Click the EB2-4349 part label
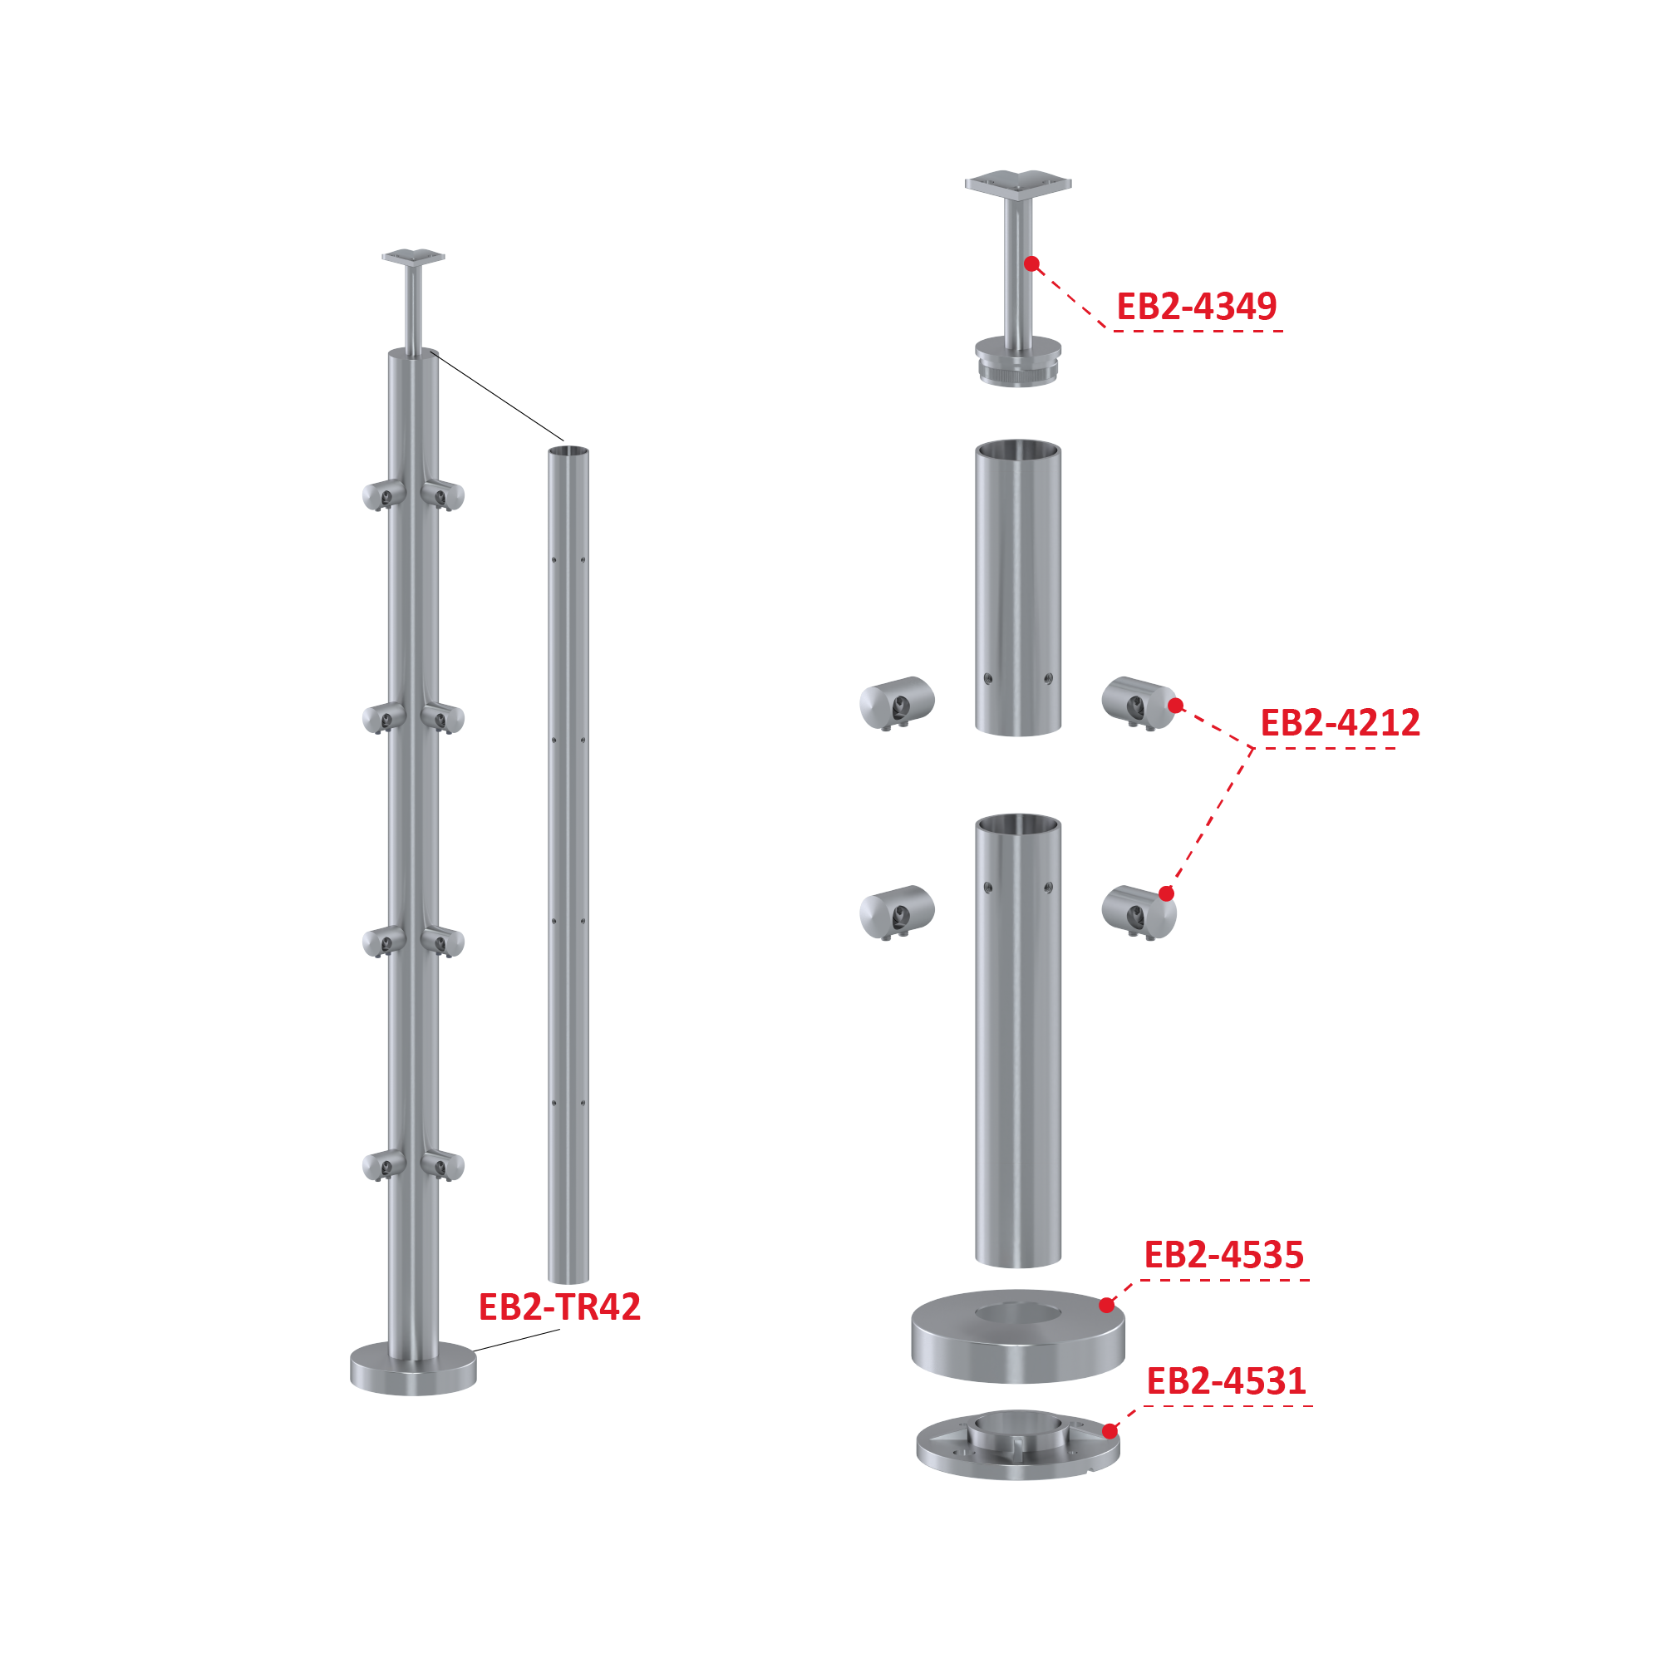pyautogui.click(x=1196, y=307)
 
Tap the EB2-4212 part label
pyautogui.click(x=1341, y=723)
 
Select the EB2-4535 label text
pyautogui.click(x=1224, y=1255)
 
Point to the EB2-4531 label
pyautogui.click(x=1227, y=1381)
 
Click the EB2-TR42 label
pyautogui.click(x=559, y=1306)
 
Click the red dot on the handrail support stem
pyautogui.click(x=1032, y=263)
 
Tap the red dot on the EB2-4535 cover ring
pyautogui.click(x=1107, y=1306)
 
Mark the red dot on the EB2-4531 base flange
pyautogui.click(x=1110, y=1431)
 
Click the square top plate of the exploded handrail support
pyautogui.click(x=1018, y=185)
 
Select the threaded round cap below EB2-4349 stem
pyautogui.click(x=1018, y=362)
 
